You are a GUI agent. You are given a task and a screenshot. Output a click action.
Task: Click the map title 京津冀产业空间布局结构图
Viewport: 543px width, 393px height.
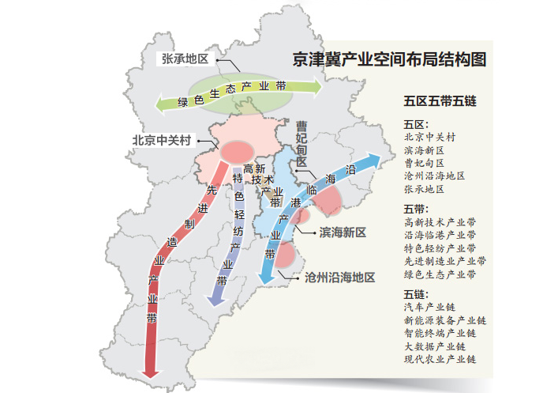(388, 59)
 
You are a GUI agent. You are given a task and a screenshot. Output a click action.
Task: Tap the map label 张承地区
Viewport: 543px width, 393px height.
(185, 60)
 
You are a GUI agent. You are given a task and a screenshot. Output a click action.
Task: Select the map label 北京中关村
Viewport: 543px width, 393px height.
(162, 140)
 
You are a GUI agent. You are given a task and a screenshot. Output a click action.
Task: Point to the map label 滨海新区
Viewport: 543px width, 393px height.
(343, 232)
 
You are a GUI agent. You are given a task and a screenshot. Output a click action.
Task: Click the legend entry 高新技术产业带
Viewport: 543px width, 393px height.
(440, 222)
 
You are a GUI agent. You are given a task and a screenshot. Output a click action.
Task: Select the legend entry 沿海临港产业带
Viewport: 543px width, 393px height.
(440, 235)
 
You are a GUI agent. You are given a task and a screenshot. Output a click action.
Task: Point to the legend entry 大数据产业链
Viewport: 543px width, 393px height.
(434, 346)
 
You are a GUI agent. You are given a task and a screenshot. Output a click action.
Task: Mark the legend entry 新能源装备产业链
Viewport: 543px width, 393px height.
(444, 320)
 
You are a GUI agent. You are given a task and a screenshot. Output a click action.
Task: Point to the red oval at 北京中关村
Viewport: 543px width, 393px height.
(237, 150)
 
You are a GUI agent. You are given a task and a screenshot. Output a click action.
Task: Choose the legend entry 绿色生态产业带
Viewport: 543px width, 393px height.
(440, 274)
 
